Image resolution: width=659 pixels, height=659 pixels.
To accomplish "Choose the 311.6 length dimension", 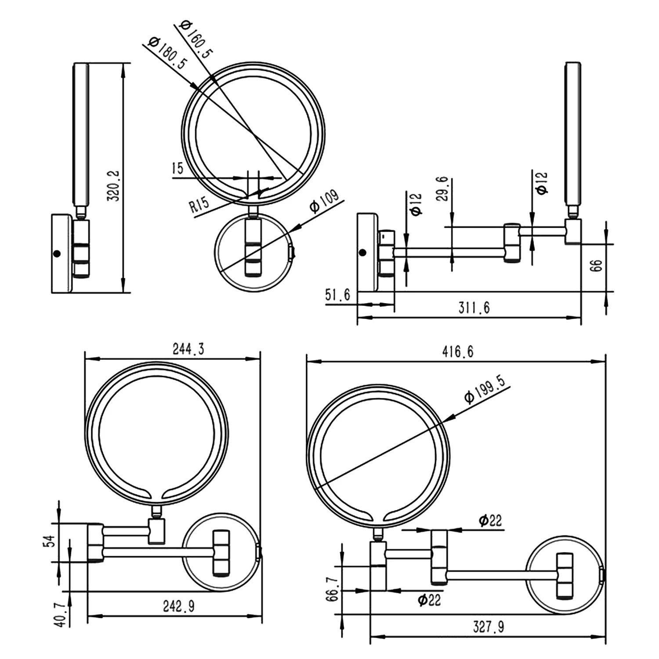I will click(x=474, y=308).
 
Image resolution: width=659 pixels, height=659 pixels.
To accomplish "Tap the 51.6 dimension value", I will click(x=338, y=295).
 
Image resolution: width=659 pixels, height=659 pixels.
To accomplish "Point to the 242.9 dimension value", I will click(x=178, y=607).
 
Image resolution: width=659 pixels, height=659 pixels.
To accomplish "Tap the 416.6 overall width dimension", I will click(x=458, y=352).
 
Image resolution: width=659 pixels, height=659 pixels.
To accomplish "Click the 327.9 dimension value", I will click(x=488, y=627).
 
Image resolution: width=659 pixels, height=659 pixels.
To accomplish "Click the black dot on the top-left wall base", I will click(x=56, y=254).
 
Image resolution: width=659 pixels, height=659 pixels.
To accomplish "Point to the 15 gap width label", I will click(x=177, y=168).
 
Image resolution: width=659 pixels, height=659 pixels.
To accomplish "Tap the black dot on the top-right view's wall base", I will click(x=362, y=253).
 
